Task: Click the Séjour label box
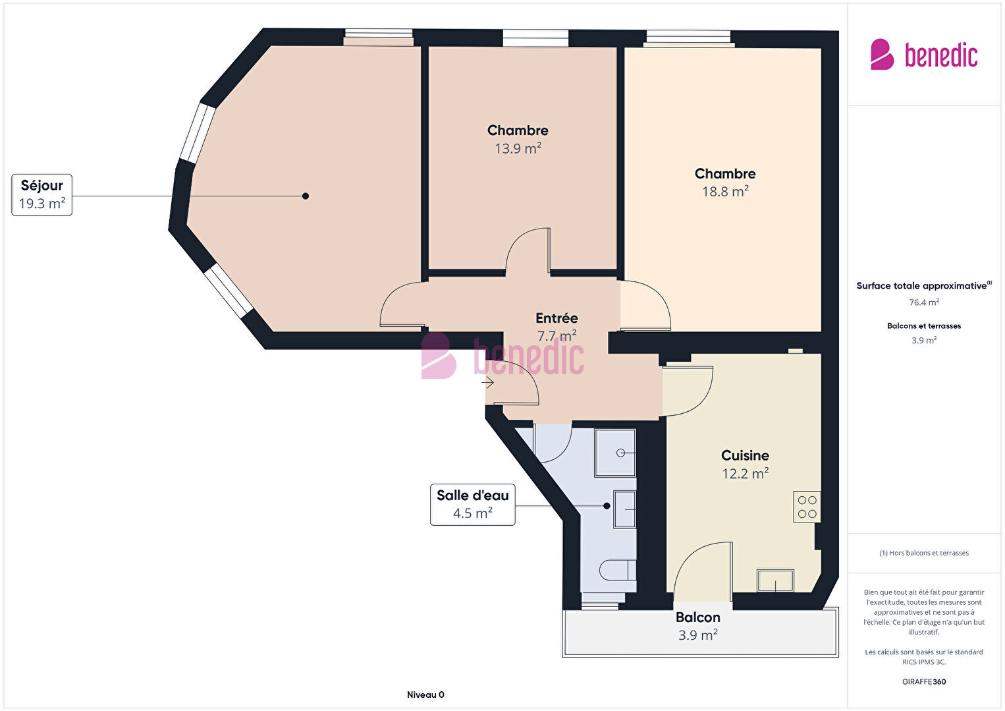pos(41,195)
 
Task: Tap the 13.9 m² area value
pos(518,148)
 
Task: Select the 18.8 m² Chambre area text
pos(725,192)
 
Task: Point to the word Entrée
pos(557,318)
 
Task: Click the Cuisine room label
pos(745,455)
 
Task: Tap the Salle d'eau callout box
pos(472,505)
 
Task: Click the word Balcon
pos(697,617)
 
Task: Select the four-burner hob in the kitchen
pos(807,507)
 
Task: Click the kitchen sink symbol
pos(775,581)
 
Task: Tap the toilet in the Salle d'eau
pos(617,570)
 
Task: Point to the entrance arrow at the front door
pos(488,382)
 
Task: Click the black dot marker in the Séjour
pos(305,196)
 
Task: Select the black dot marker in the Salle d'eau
pos(607,506)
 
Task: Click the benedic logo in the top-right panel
pos(924,54)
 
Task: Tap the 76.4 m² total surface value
pos(924,302)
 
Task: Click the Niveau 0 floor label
pos(425,695)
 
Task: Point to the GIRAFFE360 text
pos(924,681)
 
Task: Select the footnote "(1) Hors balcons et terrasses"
pos(924,553)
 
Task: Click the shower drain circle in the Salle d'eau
pos(620,453)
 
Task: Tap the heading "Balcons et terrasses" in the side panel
pos(924,326)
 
